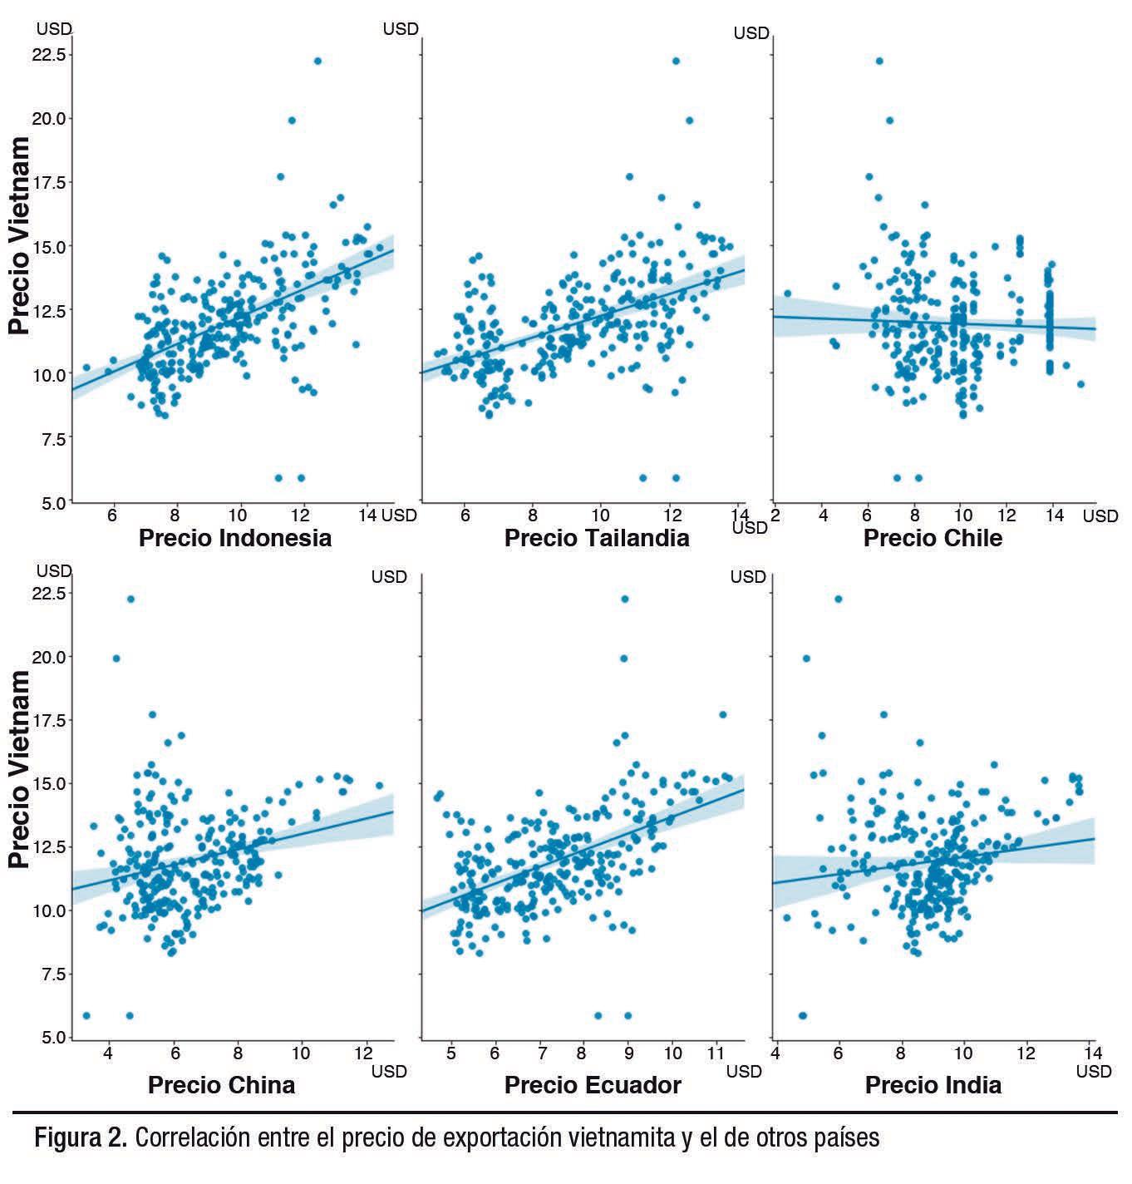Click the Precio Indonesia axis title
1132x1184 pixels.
click(x=234, y=538)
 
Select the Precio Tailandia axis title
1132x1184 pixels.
click(x=597, y=538)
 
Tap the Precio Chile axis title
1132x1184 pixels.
click(x=933, y=538)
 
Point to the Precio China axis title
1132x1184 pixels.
click(x=221, y=1085)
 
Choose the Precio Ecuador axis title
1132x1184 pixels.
click(x=593, y=1085)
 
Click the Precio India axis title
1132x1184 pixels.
click(x=933, y=1085)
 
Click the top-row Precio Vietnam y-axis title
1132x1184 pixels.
click(x=20, y=235)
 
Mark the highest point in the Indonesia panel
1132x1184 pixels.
click(x=317, y=61)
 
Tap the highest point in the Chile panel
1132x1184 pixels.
click(x=879, y=61)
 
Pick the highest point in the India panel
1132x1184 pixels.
click(x=838, y=599)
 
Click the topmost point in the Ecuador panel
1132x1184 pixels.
click(x=625, y=599)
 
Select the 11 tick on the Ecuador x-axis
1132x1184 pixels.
click(x=716, y=1053)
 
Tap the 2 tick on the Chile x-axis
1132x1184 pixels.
click(x=775, y=515)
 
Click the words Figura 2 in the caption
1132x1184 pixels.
click(x=80, y=1137)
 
